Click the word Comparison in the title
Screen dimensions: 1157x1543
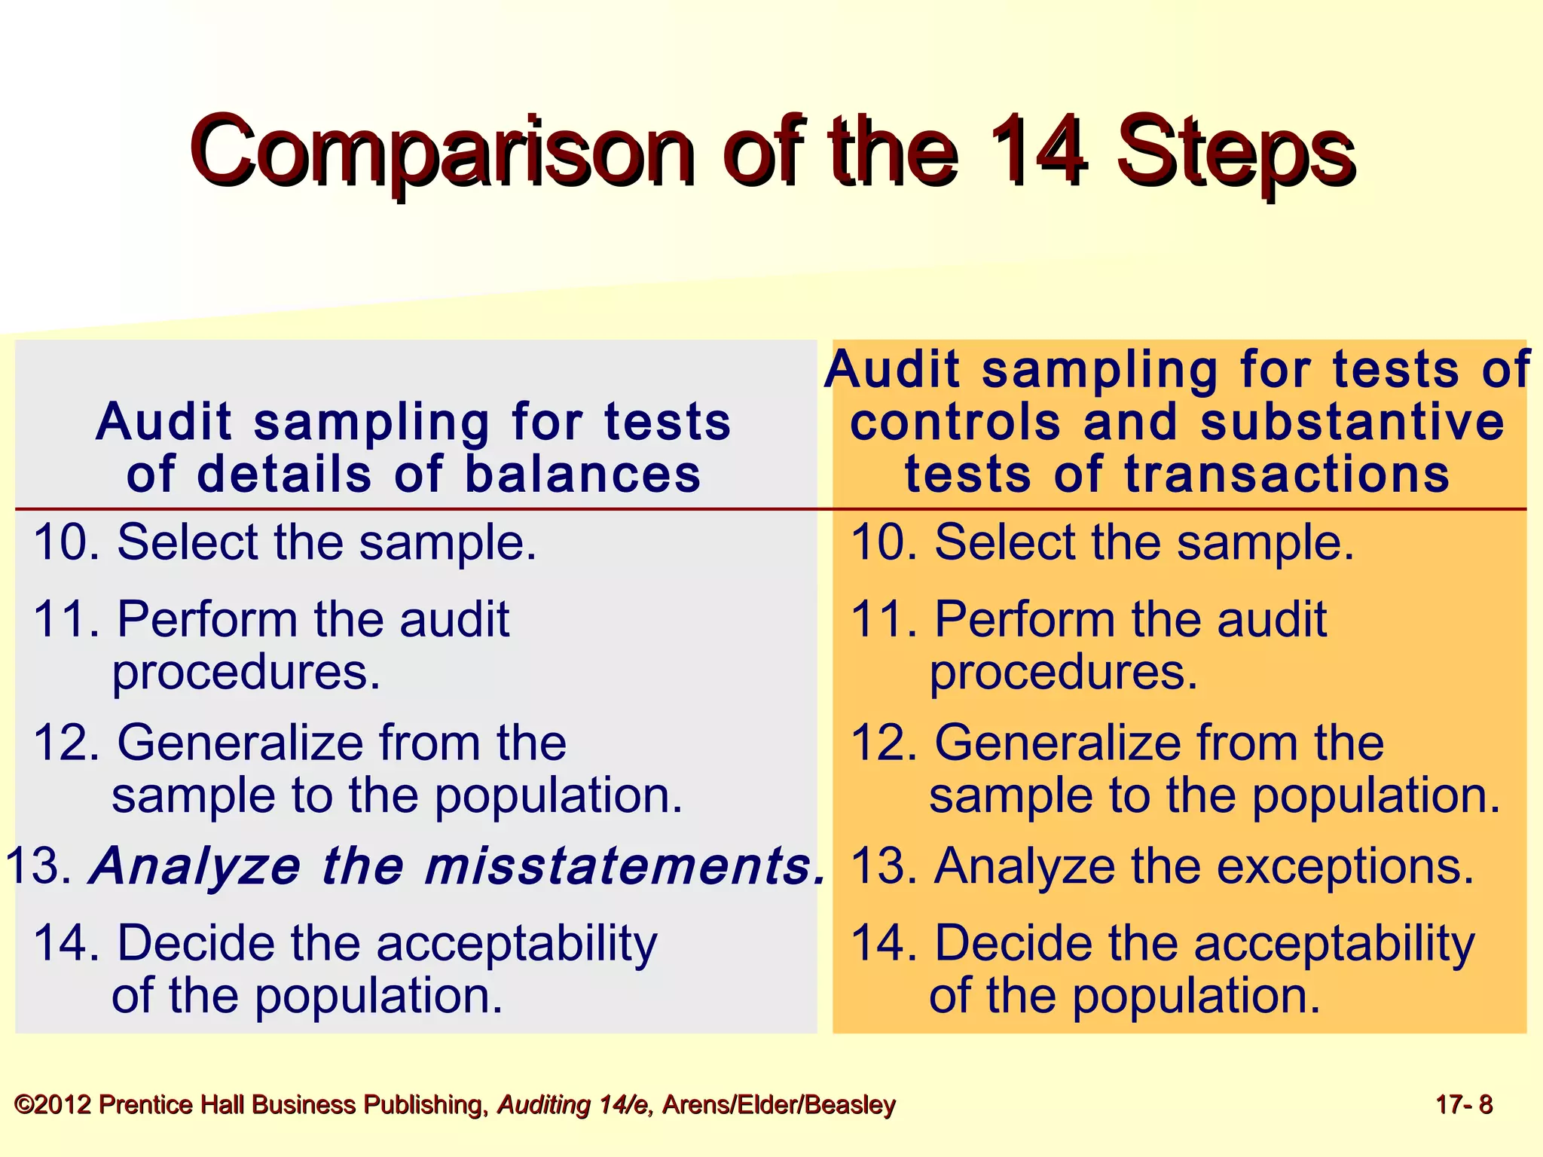pyautogui.click(x=442, y=151)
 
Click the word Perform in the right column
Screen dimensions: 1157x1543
pyautogui.click(x=1025, y=619)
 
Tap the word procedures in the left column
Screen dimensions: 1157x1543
pyautogui.click(x=246, y=672)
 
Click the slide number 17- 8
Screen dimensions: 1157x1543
pyautogui.click(x=1464, y=1105)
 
